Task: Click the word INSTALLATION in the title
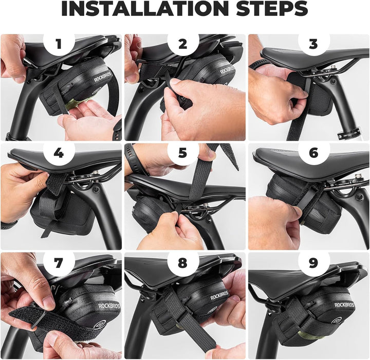(144, 9)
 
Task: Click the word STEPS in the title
(272, 9)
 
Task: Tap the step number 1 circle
(59, 44)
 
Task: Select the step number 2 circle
(183, 44)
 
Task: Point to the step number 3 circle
(313, 44)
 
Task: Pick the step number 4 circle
(59, 153)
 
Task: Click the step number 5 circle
(183, 153)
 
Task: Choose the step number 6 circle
(313, 153)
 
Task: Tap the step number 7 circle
(59, 263)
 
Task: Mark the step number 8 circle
(183, 263)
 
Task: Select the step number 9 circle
(313, 263)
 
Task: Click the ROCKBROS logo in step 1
(103, 77)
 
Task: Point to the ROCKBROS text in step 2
(228, 70)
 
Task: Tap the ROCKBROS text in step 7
(109, 307)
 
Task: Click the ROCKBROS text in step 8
(219, 295)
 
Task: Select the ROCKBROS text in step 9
(344, 304)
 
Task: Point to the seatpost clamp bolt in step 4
(96, 190)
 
